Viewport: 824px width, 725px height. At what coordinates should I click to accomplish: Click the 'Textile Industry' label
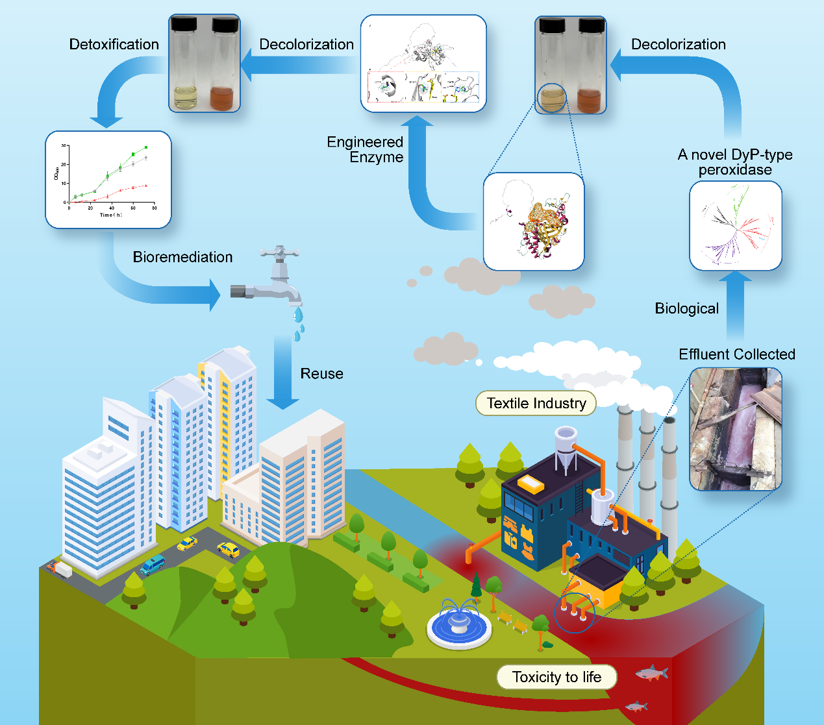536,403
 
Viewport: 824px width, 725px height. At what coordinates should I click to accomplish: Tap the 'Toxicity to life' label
556,677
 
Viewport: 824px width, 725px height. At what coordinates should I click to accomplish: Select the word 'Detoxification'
114,44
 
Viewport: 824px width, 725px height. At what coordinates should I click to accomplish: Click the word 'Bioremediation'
182,257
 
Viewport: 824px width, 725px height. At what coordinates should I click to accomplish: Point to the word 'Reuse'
321,374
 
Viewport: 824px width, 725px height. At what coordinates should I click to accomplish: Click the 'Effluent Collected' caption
736,354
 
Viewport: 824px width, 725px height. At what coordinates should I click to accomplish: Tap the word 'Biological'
686,308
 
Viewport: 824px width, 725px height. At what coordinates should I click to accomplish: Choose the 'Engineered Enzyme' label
366,149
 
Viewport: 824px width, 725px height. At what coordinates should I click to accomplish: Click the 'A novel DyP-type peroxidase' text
735,162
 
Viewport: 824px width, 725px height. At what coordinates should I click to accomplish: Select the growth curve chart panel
108,180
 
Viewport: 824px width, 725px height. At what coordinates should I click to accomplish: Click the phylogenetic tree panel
735,225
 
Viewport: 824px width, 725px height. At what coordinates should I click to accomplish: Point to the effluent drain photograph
735,428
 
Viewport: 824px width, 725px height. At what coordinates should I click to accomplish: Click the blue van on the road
153,565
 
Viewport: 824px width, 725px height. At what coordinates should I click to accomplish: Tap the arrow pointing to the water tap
162,286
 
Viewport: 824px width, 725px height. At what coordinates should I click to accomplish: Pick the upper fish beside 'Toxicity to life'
651,673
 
